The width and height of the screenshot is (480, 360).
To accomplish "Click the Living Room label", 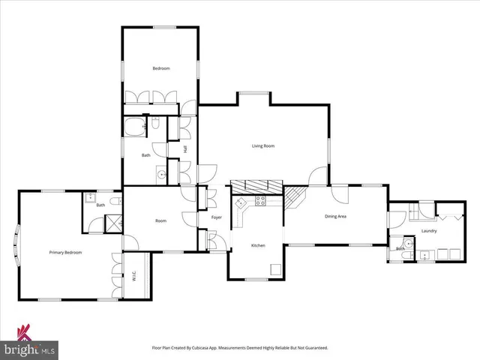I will (262, 146).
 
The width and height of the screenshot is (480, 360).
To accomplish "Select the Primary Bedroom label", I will (65, 253).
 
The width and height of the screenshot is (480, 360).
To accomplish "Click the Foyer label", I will (216, 217).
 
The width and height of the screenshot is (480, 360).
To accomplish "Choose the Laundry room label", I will (429, 231).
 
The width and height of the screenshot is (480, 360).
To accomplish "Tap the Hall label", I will (184, 150).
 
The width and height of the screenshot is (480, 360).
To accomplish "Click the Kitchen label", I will (258, 246).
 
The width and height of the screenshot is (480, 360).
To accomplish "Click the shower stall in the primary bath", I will (115, 223).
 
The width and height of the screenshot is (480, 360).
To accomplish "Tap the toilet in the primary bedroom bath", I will (114, 202).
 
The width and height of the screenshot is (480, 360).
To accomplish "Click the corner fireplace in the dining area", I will (295, 197).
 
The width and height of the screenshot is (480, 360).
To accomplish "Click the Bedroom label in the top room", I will (161, 69).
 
